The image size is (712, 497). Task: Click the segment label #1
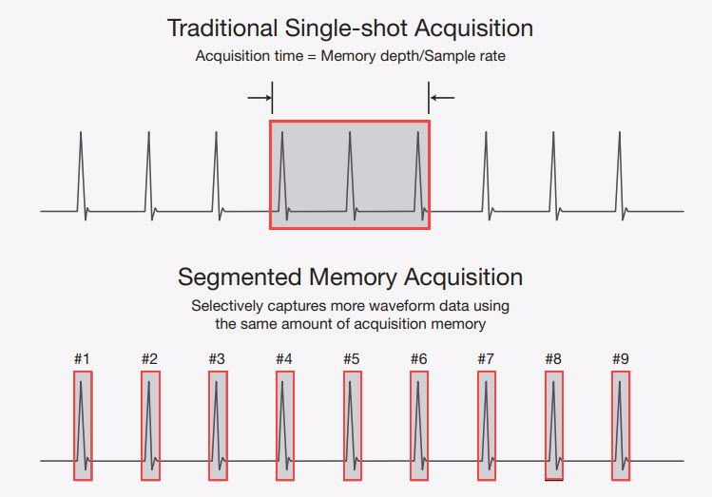pyautogui.click(x=82, y=358)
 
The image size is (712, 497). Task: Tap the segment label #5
pyautogui.click(x=352, y=358)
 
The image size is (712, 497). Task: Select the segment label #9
pyautogui.click(x=621, y=358)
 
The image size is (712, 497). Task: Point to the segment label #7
pyautogui.click(x=486, y=358)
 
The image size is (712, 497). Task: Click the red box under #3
pyautogui.click(x=218, y=425)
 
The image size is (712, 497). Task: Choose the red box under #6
pyautogui.click(x=419, y=425)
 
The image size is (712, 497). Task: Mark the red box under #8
pyautogui.click(x=553, y=425)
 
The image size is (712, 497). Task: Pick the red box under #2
pyautogui.click(x=150, y=425)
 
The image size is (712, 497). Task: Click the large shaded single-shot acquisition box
pyautogui.click(x=350, y=174)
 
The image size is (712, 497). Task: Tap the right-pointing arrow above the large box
pyautogui.click(x=259, y=96)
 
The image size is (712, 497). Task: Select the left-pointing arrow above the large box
pyautogui.click(x=442, y=96)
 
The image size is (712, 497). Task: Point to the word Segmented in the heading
pyautogui.click(x=241, y=277)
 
